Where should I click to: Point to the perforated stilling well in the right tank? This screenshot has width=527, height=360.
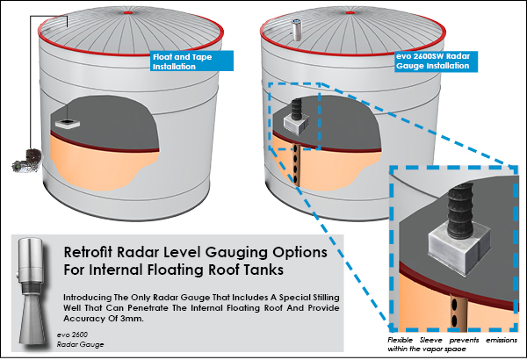299,162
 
